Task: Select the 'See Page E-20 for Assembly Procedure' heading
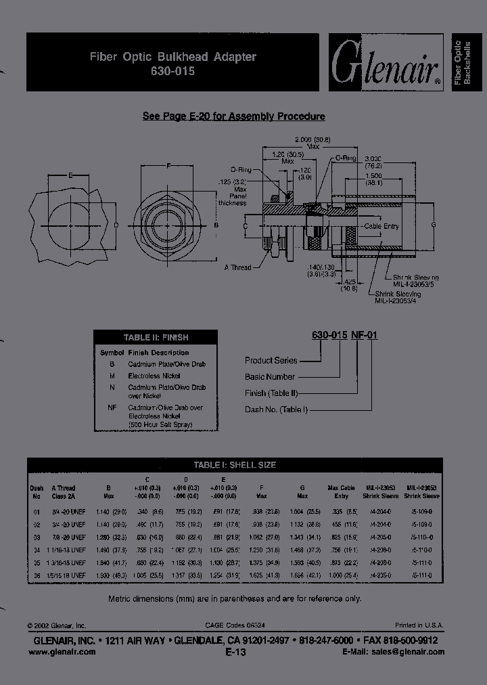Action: click(233, 116)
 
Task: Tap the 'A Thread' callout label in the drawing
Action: click(237, 267)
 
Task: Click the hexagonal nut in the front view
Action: click(168, 224)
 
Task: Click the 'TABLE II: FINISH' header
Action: click(156, 337)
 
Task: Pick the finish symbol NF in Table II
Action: click(112, 408)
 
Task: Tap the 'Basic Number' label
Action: click(270, 377)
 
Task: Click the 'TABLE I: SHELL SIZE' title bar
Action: click(235, 465)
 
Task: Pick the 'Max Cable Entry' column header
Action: click(341, 491)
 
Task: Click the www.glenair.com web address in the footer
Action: click(62, 652)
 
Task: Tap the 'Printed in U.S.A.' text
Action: click(419, 625)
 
